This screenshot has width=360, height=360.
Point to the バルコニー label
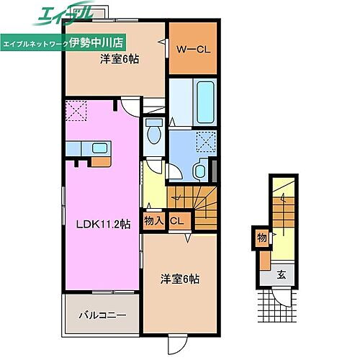pyautogui.click(x=102, y=315)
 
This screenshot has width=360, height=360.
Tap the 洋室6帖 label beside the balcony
pyautogui.click(x=179, y=279)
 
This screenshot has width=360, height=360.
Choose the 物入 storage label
pyautogui.click(x=153, y=221)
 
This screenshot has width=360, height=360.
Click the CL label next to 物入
pyautogui.click(x=175, y=221)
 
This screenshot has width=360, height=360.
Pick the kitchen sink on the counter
pyautogui.click(x=99, y=149)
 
